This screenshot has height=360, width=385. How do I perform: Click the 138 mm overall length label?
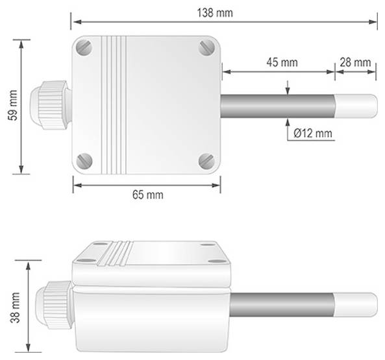217,12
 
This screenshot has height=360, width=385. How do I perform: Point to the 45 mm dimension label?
282,62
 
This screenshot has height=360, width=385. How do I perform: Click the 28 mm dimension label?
355,62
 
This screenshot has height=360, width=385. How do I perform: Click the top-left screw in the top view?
85,48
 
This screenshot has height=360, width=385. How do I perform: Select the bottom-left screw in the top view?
85,160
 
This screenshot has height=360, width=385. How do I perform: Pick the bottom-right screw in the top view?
207,160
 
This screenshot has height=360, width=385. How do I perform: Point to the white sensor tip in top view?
356,104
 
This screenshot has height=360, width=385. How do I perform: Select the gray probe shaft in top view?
278,104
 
